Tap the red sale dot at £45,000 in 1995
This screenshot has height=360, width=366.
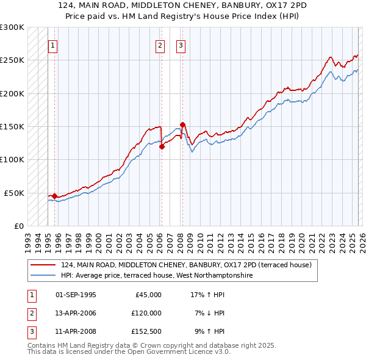[x=54, y=196]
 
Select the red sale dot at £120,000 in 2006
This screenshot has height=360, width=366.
[x=162, y=146]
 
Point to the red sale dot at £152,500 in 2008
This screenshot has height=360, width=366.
[x=182, y=125]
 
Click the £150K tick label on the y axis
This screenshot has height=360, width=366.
[x=12, y=126]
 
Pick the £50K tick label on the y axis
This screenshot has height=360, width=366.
[x=14, y=193]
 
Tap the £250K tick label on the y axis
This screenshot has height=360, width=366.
[x=12, y=60]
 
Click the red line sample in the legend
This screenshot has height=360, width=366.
[x=43, y=265]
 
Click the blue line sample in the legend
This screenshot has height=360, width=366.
[x=43, y=275]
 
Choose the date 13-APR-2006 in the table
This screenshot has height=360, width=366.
[x=76, y=313]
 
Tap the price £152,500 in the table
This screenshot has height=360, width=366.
[x=146, y=331]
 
